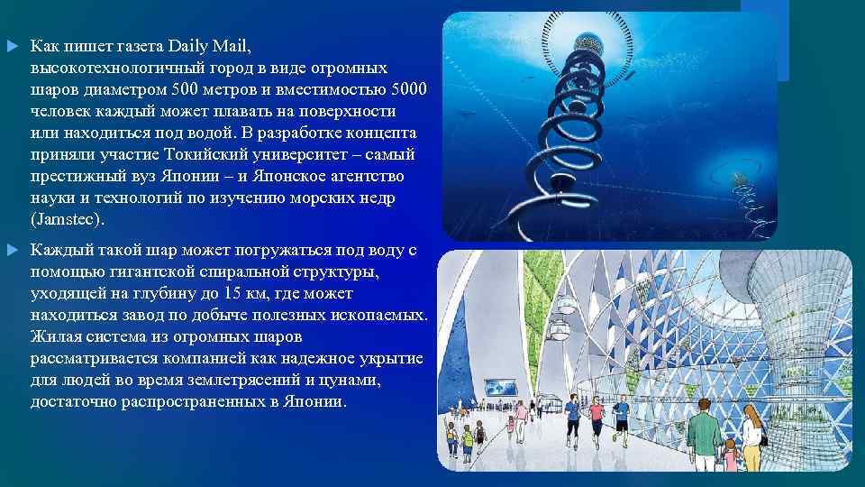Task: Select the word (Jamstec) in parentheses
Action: tap(68, 219)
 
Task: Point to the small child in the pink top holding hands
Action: tap(730, 455)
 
